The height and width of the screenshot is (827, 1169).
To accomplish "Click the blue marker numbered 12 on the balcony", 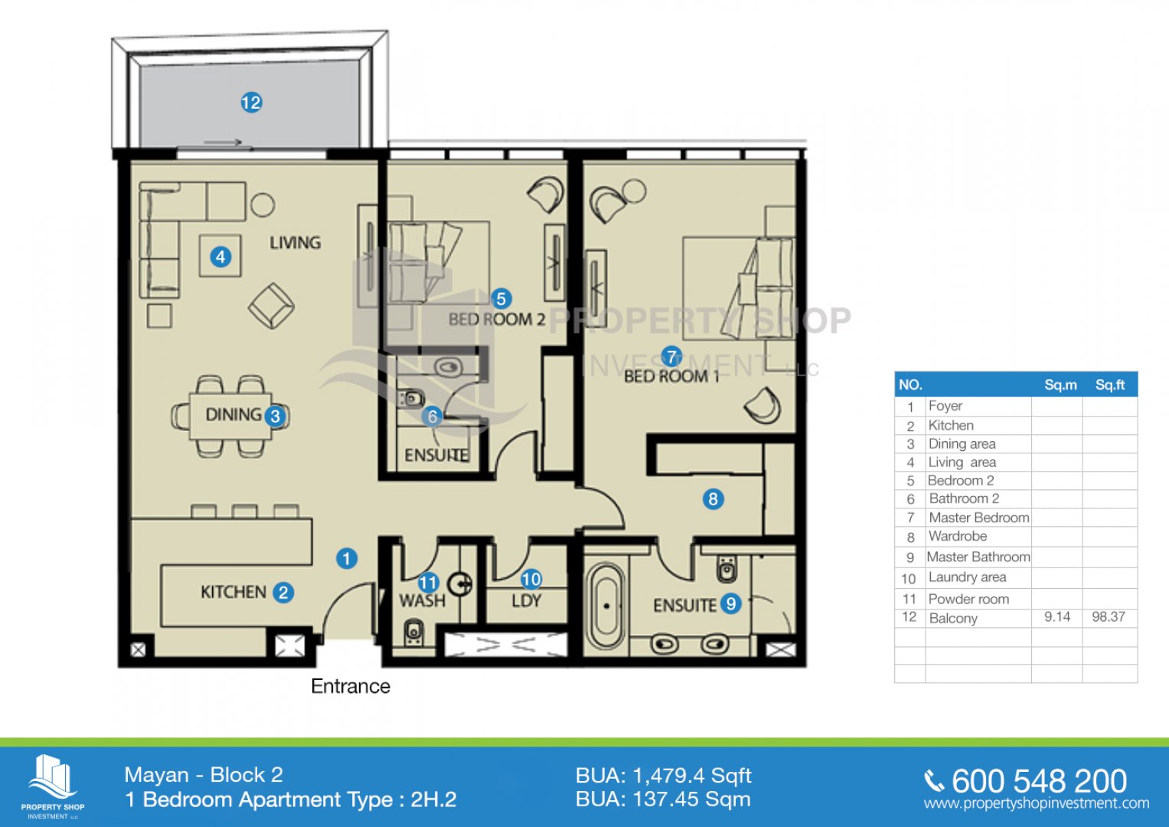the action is pyautogui.click(x=251, y=103).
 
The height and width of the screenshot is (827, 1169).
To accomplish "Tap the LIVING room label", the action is pyautogui.click(x=295, y=243).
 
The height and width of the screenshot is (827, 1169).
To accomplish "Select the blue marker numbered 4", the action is pyautogui.click(x=220, y=257).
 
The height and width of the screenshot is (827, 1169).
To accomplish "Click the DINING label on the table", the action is pyautogui.click(x=233, y=414).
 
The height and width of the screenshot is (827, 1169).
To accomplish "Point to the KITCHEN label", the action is pyautogui.click(x=233, y=592).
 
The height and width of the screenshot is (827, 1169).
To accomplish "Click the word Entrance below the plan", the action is pyautogui.click(x=351, y=686).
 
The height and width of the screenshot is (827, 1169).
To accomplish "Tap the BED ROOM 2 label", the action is pyautogui.click(x=497, y=319).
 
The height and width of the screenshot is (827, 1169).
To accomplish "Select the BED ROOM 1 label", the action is pyautogui.click(x=671, y=376).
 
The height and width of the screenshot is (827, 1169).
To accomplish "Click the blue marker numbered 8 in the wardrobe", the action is pyautogui.click(x=713, y=498).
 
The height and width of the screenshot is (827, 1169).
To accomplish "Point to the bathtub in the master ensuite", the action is pyautogui.click(x=606, y=606).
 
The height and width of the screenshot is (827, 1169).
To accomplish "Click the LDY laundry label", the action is pyautogui.click(x=526, y=601).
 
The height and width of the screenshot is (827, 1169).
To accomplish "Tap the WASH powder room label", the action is pyautogui.click(x=422, y=601).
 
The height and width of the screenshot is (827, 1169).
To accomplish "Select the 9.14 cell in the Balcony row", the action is pyautogui.click(x=1057, y=617).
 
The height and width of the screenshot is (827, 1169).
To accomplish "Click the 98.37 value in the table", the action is pyautogui.click(x=1109, y=617).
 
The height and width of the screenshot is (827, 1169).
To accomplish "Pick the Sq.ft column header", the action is pyautogui.click(x=1110, y=385).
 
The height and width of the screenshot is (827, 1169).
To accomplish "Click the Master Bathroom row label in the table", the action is pyautogui.click(x=978, y=557).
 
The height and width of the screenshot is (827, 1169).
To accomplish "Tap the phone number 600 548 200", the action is pyautogui.click(x=1039, y=781).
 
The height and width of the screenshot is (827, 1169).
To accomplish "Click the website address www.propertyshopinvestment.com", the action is pyautogui.click(x=1037, y=803).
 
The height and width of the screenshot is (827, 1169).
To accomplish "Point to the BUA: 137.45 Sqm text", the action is pyautogui.click(x=663, y=799).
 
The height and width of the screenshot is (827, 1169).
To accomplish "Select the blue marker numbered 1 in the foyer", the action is pyautogui.click(x=347, y=559).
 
